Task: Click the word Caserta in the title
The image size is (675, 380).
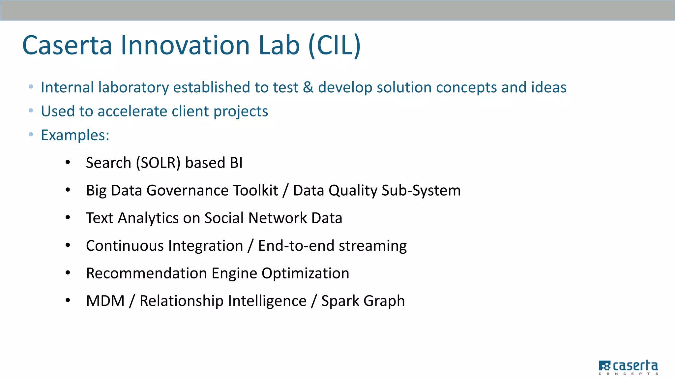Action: coord(67,45)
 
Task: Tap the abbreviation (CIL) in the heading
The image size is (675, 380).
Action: coord(334,45)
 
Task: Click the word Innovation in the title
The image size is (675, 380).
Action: coord(185,45)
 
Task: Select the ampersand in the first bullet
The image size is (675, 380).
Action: coord(308,87)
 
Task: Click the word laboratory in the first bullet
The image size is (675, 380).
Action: coord(133,88)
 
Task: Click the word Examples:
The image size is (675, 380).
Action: coord(75,135)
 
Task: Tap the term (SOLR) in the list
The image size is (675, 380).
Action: coord(158,163)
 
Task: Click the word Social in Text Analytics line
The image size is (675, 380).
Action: coord(224,218)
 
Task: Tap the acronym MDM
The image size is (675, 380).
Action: coord(105,301)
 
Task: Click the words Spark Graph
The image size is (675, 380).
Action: coord(363,301)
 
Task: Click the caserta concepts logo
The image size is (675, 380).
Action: coord(628,367)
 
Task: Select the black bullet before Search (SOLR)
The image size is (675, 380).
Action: coord(68,162)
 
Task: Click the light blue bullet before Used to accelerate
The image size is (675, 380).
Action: coord(31,111)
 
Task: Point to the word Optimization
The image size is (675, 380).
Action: coord(305,273)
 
